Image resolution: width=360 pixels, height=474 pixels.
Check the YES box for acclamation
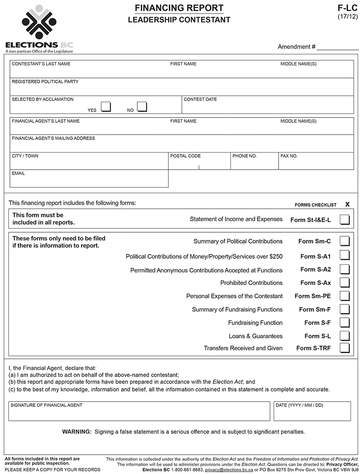(x=106, y=107)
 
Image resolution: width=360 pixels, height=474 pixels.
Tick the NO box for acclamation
(x=142, y=107)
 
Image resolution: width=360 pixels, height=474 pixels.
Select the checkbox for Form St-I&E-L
(x=345, y=220)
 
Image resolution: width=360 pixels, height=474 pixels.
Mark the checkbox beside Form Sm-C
(x=345, y=241)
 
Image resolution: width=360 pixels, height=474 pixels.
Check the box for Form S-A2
(x=345, y=270)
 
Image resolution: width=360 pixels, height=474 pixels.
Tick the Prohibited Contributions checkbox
(x=345, y=283)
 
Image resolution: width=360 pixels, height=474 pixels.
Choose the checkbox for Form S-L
(x=345, y=336)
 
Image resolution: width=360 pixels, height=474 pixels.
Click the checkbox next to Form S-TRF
(x=345, y=348)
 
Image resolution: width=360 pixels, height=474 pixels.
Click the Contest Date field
(x=267, y=107)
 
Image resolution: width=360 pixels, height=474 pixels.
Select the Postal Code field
(x=199, y=163)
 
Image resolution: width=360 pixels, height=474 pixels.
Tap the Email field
(x=89, y=181)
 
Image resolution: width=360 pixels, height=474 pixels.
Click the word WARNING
(x=77, y=432)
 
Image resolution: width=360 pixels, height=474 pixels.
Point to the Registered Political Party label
(x=45, y=82)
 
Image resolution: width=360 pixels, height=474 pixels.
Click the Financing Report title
(x=179, y=8)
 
